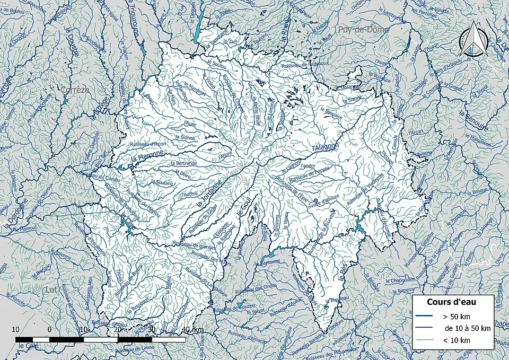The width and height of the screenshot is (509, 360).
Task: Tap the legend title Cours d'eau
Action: [x=451, y=302]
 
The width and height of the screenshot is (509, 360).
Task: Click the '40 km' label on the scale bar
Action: [x=192, y=330]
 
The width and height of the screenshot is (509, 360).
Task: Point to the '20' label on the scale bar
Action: [x=118, y=330]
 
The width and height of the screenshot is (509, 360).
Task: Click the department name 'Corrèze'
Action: [x=76, y=90]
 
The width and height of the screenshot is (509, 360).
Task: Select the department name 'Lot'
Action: [x=51, y=290]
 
